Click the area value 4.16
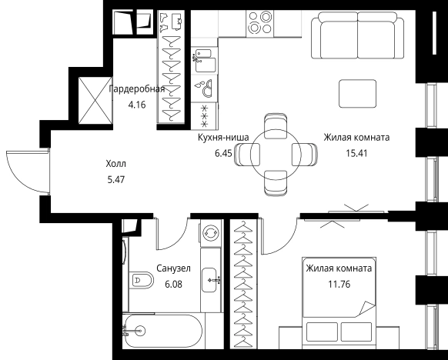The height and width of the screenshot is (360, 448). [x=137, y=105]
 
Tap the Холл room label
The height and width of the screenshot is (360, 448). [x=115, y=164]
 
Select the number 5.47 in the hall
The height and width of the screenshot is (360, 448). [x=115, y=179]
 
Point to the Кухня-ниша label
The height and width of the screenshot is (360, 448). [x=223, y=138]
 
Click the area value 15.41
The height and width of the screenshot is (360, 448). [x=356, y=153]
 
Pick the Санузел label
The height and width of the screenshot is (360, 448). [x=173, y=268]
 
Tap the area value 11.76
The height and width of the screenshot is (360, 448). [x=339, y=285]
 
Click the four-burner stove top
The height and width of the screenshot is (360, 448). [x=260, y=23]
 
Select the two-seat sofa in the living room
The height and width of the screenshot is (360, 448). [x=357, y=35]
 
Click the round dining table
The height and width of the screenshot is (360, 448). [x=276, y=155]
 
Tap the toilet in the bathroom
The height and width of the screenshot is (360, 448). [x=141, y=280]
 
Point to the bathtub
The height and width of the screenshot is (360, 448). [x=163, y=332]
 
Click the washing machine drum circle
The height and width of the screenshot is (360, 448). [x=211, y=232]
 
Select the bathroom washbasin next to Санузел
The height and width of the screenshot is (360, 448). [x=209, y=280]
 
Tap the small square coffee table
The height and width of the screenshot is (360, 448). [x=357, y=93]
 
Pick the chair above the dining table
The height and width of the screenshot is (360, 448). [x=276, y=125]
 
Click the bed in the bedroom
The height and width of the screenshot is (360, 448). [x=339, y=302]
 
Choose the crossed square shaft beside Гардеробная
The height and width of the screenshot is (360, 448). [x=95, y=100]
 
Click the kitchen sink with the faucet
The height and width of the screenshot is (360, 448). [x=204, y=61]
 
